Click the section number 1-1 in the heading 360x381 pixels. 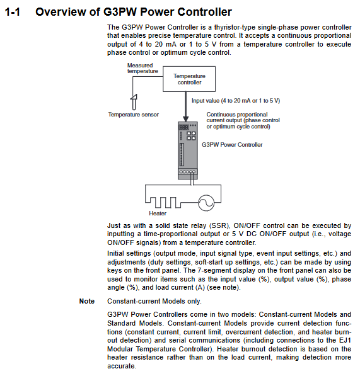13,12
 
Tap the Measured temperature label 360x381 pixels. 142,68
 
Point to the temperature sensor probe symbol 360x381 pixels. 134,102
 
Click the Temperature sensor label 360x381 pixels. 133,115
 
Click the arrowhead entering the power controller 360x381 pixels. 186,119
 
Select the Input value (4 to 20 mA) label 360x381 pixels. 236,101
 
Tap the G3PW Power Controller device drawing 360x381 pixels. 188,151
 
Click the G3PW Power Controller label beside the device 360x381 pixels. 232,145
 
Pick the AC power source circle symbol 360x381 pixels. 206,203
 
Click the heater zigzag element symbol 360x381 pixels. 163,203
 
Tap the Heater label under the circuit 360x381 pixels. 158,213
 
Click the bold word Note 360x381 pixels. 87,301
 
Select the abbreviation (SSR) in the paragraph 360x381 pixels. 219,225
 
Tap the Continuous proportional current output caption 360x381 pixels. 243,120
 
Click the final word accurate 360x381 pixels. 122,366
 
